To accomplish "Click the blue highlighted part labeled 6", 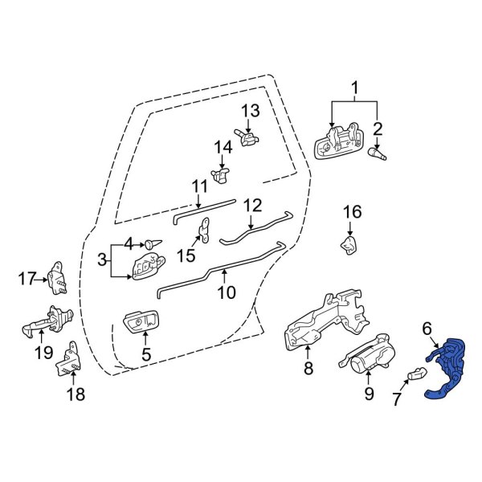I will [447, 369].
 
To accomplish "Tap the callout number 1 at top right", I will [354, 88].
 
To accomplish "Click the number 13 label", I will [250, 110].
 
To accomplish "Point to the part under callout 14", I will [219, 174].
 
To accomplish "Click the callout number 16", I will [353, 212].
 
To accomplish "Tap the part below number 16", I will [349, 244].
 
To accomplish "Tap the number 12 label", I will [252, 205].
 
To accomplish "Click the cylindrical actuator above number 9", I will [366, 357].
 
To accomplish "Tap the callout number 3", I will [103, 260].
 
